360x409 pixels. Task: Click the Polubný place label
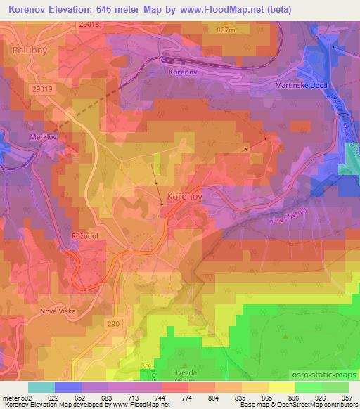[30, 51]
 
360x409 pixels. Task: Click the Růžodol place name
[83, 237]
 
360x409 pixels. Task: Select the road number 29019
[43, 89]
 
